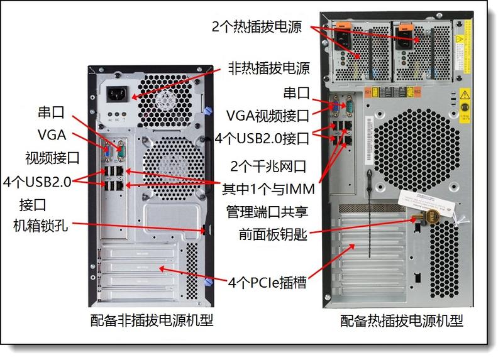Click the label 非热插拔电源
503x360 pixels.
[x=268, y=68]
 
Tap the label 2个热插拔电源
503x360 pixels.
[x=257, y=26]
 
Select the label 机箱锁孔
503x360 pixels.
[x=41, y=226]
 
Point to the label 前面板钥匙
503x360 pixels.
[x=273, y=234]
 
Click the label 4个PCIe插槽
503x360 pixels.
[x=267, y=283]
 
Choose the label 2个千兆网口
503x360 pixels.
[x=268, y=166]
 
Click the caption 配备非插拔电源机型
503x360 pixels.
[x=152, y=320]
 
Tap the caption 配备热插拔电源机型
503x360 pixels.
[x=402, y=320]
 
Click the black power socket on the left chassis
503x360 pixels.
[x=118, y=94]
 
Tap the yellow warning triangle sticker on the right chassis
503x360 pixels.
[x=465, y=95]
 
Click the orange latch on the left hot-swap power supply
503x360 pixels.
[x=343, y=25]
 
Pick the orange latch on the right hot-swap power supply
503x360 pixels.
[x=405, y=26]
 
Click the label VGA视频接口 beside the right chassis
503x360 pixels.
[x=268, y=116]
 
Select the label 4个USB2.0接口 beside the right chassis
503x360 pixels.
[x=262, y=138]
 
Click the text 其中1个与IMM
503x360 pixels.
[x=268, y=189]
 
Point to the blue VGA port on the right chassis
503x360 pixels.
[x=336, y=106]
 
